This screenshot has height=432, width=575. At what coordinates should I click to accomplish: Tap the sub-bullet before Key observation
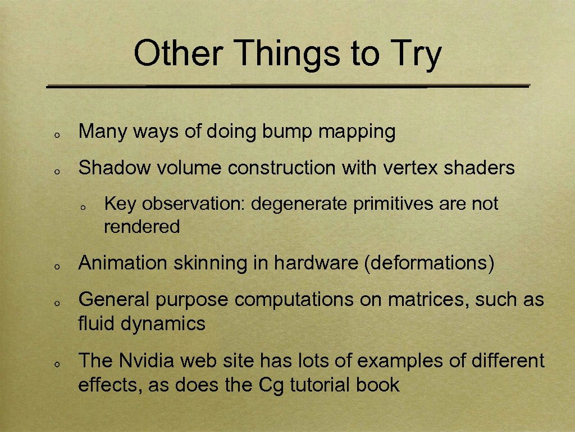click(x=82, y=208)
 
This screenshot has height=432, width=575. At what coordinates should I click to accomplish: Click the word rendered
click(x=142, y=227)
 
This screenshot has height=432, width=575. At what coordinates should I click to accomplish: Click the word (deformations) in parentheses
click(x=429, y=263)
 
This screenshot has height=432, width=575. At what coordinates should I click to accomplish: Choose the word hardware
click(x=317, y=263)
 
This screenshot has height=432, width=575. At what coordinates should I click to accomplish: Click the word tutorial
click(x=320, y=385)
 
